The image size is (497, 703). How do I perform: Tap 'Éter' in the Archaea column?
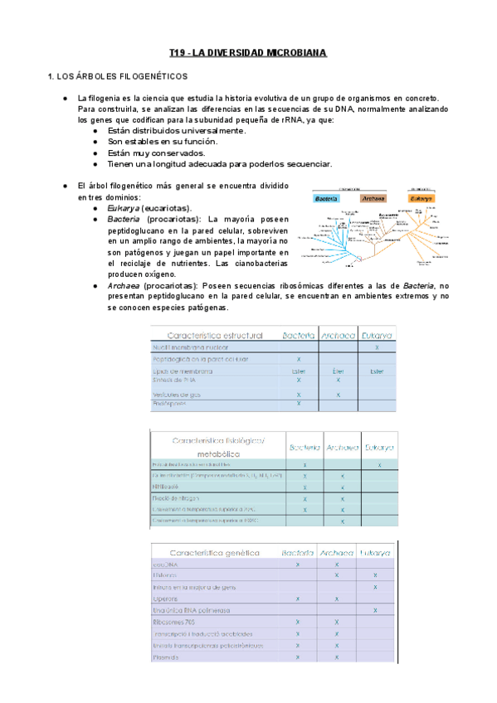(338, 371)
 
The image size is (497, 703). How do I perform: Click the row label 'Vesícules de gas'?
(177, 395)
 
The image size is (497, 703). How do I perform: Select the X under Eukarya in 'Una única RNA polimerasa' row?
(375, 609)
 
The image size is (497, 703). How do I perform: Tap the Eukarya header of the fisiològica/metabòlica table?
(378, 448)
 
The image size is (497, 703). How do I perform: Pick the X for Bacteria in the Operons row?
(297, 598)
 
